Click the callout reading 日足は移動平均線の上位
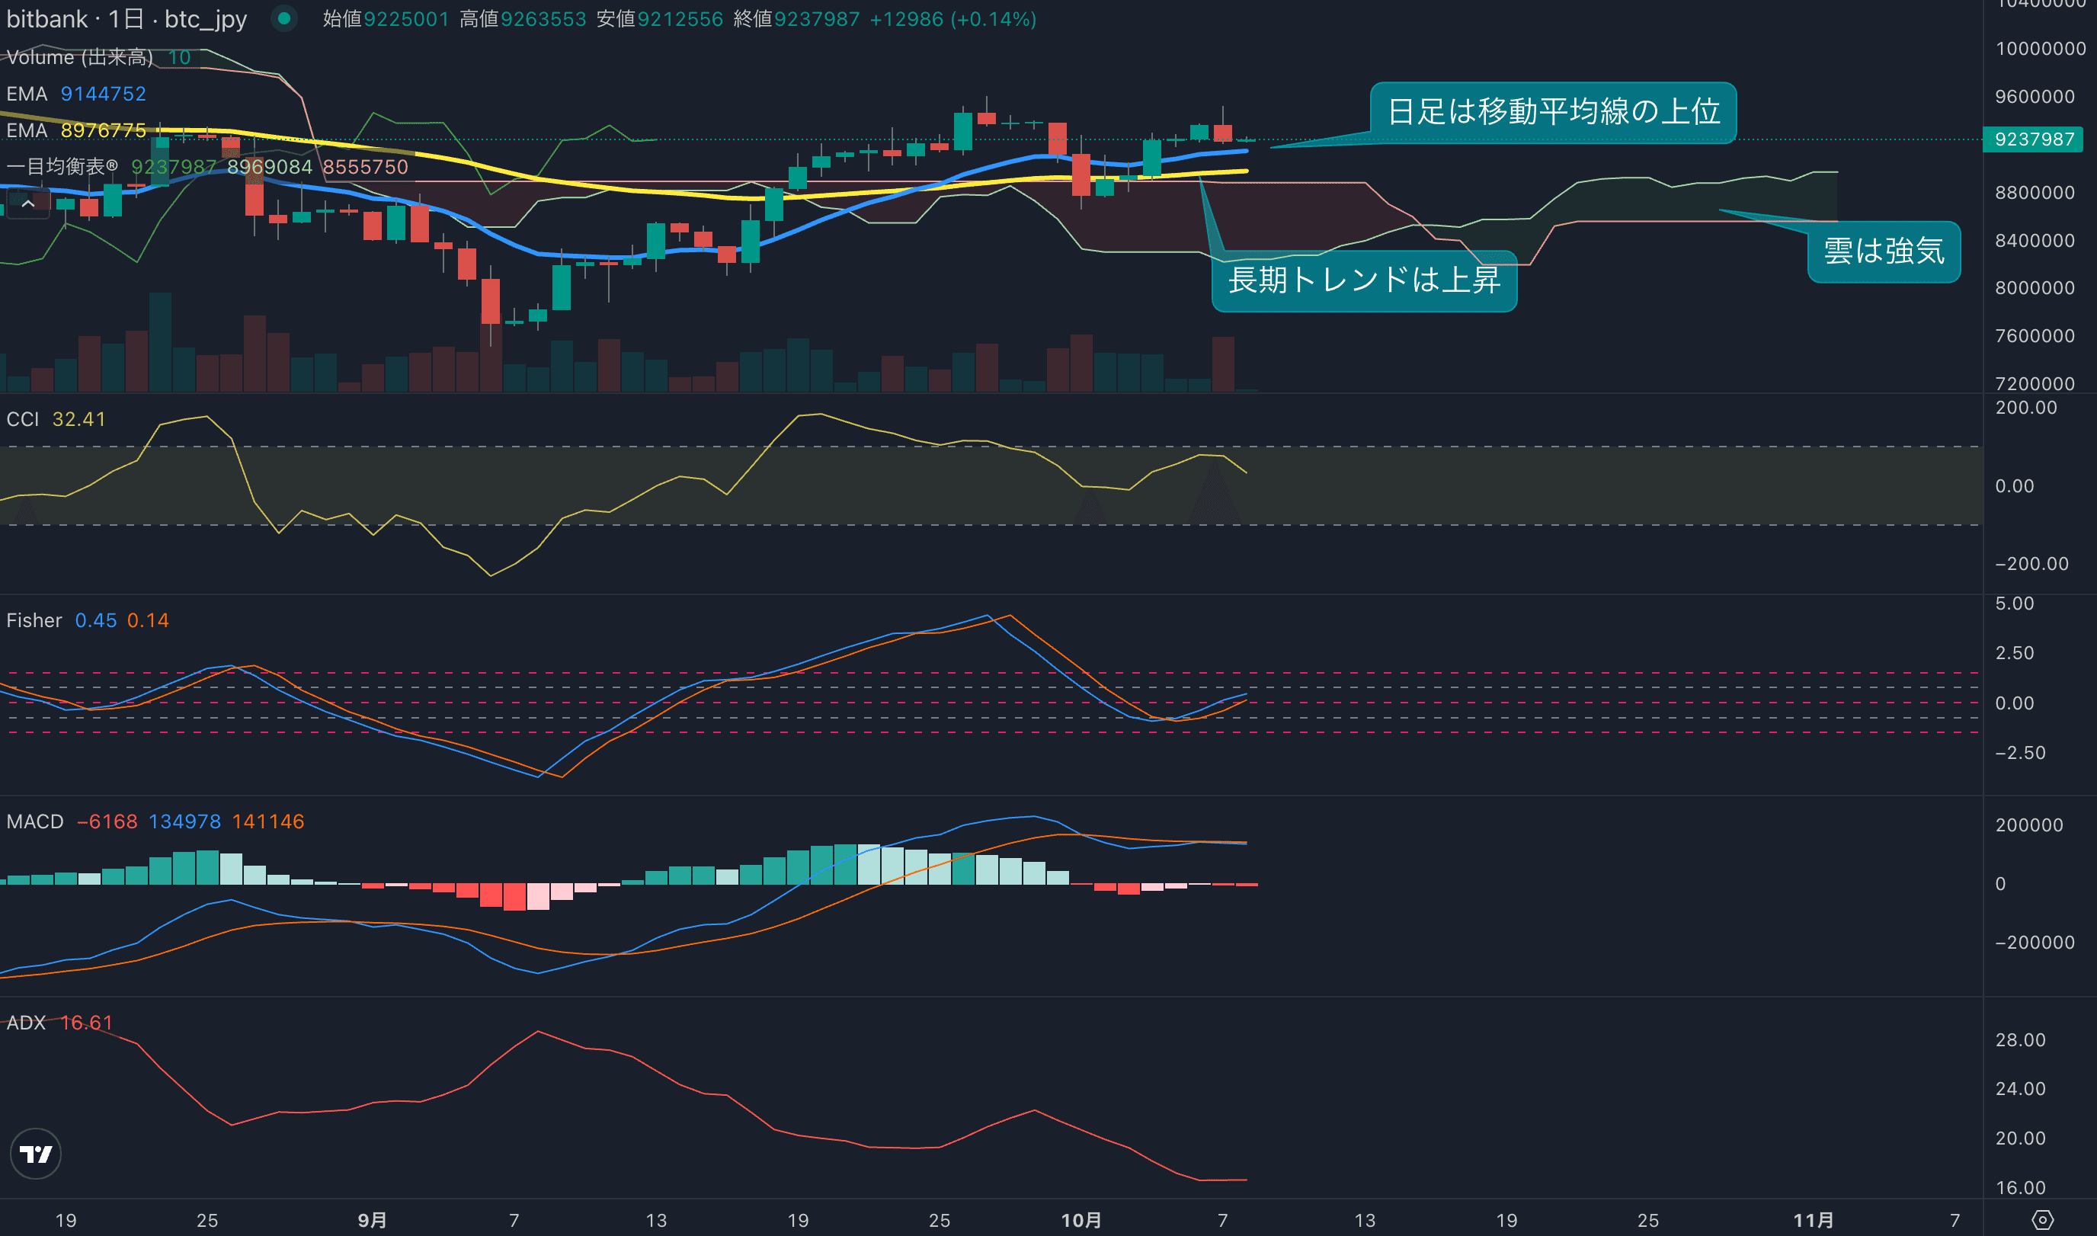[1552, 111]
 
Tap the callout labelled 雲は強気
[1883, 251]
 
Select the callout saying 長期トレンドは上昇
[1363, 280]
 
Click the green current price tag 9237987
[2033, 139]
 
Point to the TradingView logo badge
[35, 1154]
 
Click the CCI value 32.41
[79, 419]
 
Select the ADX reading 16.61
[86, 1023]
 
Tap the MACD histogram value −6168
[107, 821]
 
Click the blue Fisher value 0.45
[96, 620]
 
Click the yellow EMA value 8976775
[104, 131]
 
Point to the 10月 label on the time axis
[1081, 1220]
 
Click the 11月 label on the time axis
[1813, 1220]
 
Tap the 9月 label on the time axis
[373, 1220]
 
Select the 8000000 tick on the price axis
[2034, 288]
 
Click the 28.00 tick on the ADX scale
[2019, 1039]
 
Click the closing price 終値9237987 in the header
[796, 19]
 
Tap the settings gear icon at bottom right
[2042, 1220]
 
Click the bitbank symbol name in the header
[46, 19]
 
